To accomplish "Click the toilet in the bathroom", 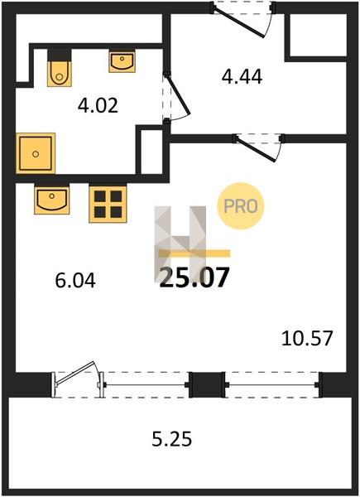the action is pyautogui.click(x=60, y=68).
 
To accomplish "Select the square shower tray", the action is pyautogui.click(x=36, y=153).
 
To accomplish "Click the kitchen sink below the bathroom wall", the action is pyautogui.click(x=52, y=199).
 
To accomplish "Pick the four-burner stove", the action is pyautogui.click(x=108, y=204).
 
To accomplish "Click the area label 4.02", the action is pyautogui.click(x=98, y=105).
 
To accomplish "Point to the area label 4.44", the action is pyautogui.click(x=242, y=77).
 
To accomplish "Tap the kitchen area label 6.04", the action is pyautogui.click(x=75, y=281).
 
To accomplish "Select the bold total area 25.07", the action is pyautogui.click(x=194, y=277).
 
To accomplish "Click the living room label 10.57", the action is pyautogui.click(x=307, y=338).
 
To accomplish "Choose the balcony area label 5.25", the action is pyautogui.click(x=172, y=440).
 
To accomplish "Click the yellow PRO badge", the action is pyautogui.click(x=241, y=206).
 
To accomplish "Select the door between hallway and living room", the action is pyautogui.click(x=258, y=147).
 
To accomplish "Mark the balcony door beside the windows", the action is pyautogui.click(x=79, y=379).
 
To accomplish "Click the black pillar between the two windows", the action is pyautogui.click(x=207, y=385).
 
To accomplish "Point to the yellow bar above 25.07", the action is pyautogui.click(x=194, y=253).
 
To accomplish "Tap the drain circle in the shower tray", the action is pyautogui.click(x=36, y=154).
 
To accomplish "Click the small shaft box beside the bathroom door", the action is pyautogui.click(x=151, y=152).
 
